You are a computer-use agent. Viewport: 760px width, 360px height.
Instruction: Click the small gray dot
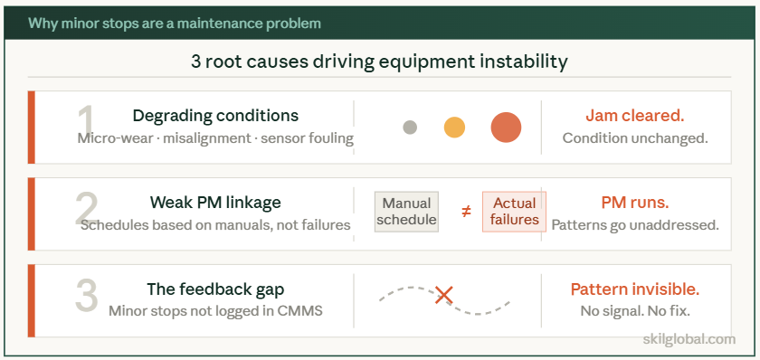[410, 128]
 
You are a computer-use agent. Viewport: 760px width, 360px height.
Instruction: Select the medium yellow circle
[454, 128]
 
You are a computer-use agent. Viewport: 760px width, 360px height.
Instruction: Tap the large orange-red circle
[506, 128]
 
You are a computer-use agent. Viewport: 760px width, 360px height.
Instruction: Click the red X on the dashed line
[443, 294]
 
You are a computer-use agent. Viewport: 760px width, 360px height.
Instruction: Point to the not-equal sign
[466, 212]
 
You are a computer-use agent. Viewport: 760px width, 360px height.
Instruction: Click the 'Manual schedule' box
[407, 212]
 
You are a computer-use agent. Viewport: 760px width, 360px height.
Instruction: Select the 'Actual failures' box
[514, 212]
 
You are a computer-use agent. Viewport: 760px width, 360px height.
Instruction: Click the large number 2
[87, 209]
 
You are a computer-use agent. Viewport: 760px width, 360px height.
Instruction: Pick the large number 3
[87, 296]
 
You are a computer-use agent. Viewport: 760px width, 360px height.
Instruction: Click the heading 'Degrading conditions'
[215, 116]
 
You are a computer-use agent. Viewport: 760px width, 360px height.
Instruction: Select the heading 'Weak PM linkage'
[215, 202]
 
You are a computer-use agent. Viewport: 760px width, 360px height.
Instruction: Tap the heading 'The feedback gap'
[215, 289]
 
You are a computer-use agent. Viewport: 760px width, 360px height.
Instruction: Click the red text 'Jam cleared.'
[634, 116]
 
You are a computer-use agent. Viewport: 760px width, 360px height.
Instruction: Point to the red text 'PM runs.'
[634, 202]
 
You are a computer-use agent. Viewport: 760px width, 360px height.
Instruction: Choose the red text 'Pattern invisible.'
[634, 289]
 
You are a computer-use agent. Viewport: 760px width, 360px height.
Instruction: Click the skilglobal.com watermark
[688, 339]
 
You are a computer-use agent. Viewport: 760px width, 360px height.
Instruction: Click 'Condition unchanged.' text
[634, 138]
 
